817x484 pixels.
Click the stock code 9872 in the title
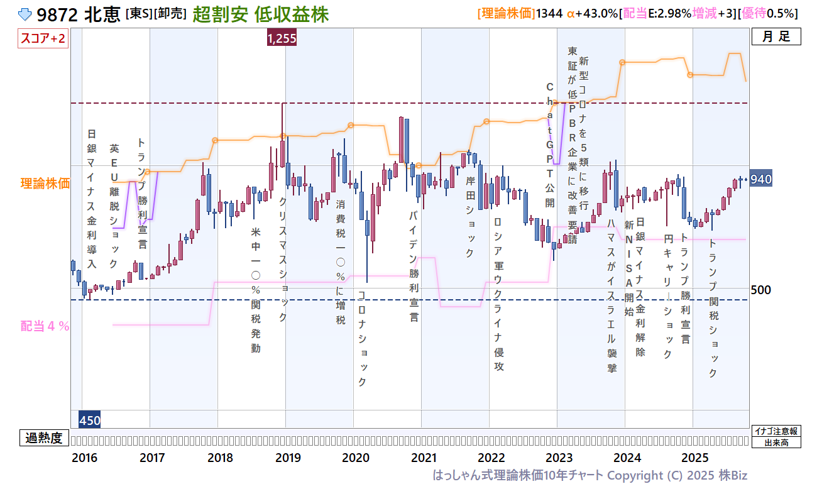58,14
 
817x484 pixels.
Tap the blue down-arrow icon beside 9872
26,14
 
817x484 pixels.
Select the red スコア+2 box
43,38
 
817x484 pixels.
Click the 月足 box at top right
776,36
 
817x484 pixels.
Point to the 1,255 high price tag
282,38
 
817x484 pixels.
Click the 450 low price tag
89,420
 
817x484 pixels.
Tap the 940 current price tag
761,180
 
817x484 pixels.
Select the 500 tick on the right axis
761,290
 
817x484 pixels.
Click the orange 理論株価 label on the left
45,184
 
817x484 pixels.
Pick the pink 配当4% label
45,326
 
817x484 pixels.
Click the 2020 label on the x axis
356,458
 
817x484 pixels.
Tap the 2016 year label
84,458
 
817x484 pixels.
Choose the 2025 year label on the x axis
695,458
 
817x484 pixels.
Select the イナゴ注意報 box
777,431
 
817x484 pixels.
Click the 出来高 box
777,443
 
